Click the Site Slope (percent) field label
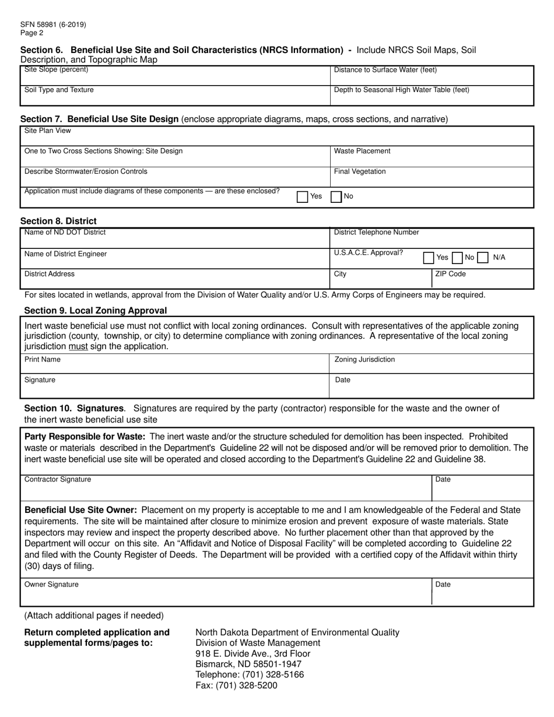coord(57,70)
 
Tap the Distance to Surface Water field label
coord(385,71)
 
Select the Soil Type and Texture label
coord(59,90)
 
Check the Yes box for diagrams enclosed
coord(303,197)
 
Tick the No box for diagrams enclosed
coord(336,197)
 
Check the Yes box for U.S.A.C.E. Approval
coord(429,258)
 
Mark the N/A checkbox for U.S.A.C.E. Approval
coord(483,258)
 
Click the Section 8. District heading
coord(58,221)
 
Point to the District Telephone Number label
coord(376,233)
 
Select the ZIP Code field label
coord(450,274)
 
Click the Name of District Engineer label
coord(65,254)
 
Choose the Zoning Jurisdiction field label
coord(364,360)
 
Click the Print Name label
coord(42,360)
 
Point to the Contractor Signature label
coord(58,480)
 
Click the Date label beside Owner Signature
coord(443,585)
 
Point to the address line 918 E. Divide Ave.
coord(253,653)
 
